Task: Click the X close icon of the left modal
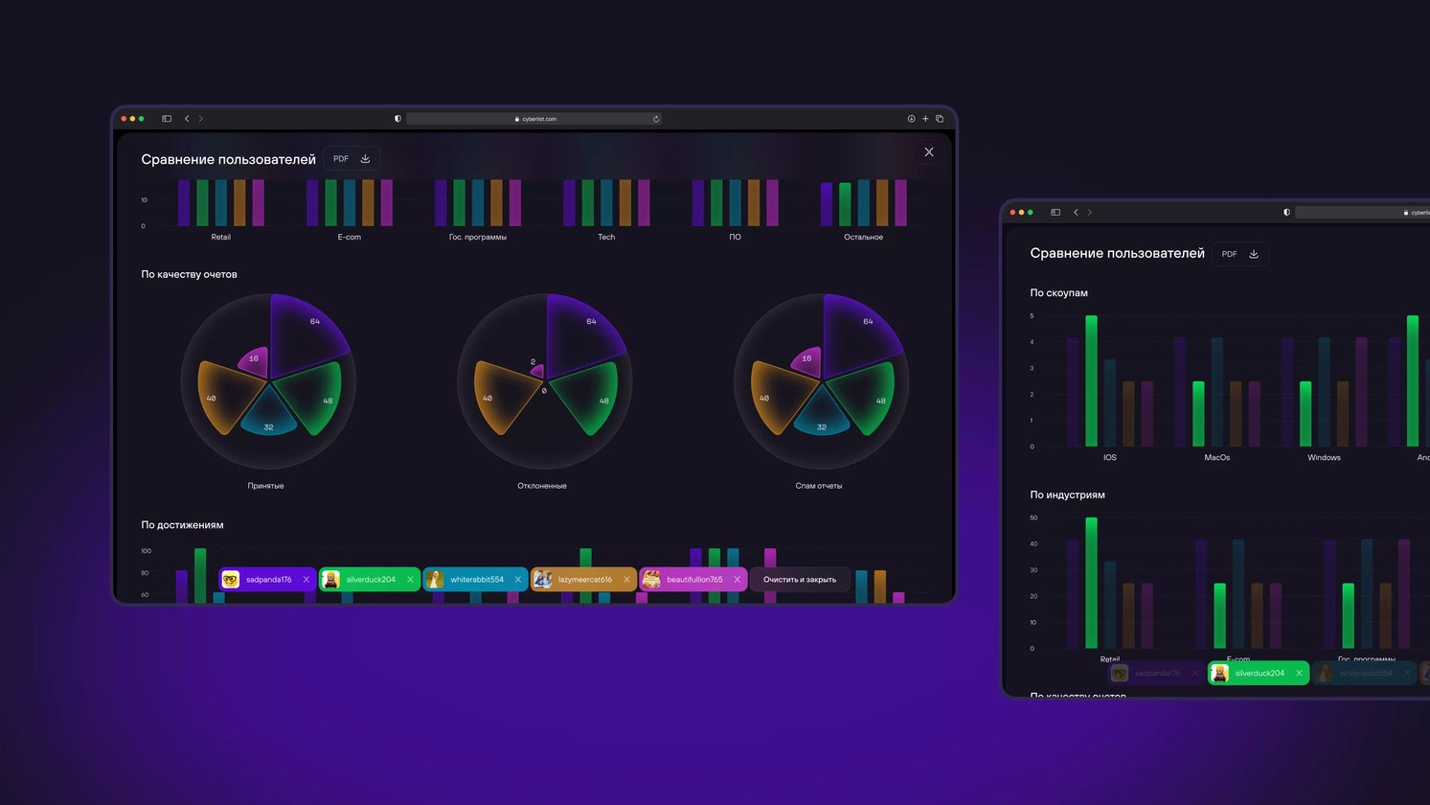[929, 152]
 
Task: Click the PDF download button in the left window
[352, 159]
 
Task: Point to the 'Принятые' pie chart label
[265, 486]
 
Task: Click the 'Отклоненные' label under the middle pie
[542, 486]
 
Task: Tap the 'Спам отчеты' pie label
[819, 486]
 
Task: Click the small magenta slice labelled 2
[536, 370]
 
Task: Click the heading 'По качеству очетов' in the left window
[189, 274]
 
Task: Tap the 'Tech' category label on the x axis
[606, 237]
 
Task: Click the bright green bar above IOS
[1091, 381]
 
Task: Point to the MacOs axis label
[1216, 458]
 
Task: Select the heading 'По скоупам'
[1058, 293]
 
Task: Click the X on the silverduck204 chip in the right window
[1299, 674]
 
